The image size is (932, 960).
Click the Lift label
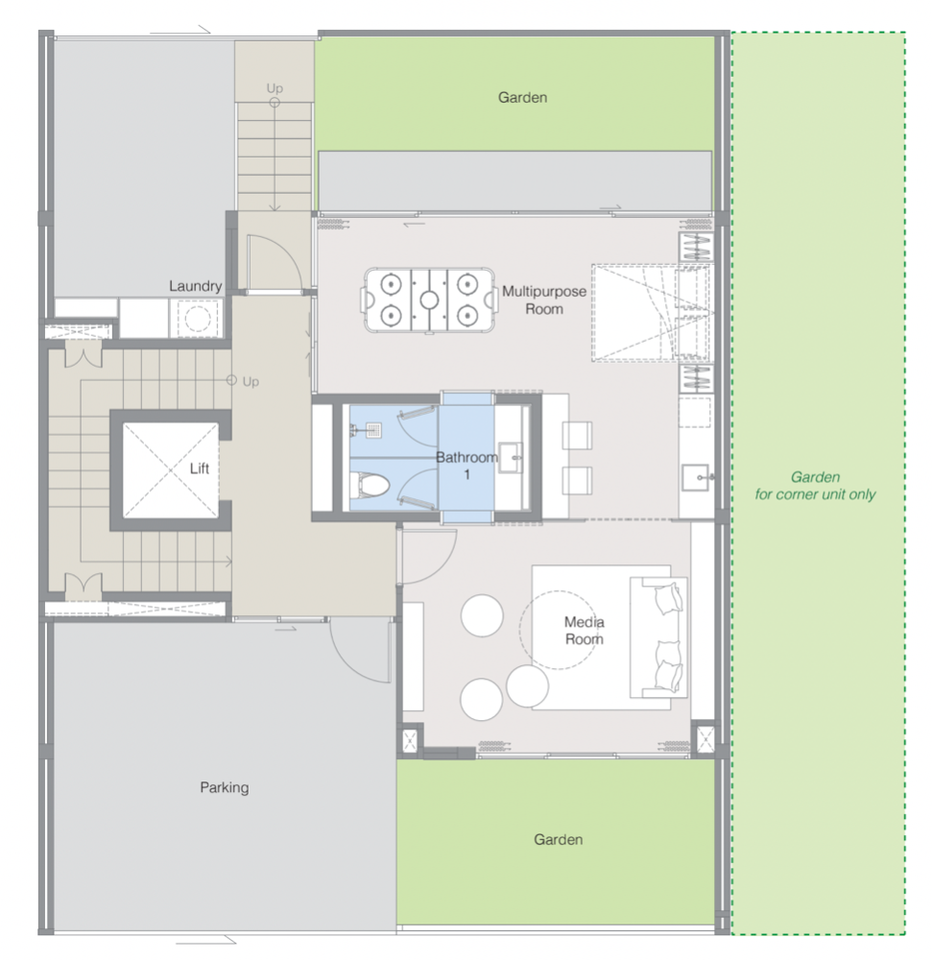click(199, 468)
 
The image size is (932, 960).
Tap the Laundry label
click(195, 286)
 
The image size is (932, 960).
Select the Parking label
click(224, 787)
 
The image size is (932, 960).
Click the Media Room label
click(584, 631)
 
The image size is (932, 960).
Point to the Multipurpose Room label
click(544, 300)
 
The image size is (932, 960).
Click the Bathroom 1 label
click(466, 466)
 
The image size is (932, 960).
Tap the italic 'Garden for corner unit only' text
click(815, 486)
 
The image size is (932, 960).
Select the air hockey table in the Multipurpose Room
click(430, 300)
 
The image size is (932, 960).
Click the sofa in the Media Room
click(658, 636)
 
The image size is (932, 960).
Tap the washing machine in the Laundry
click(197, 318)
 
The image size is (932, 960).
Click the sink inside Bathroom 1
click(511, 457)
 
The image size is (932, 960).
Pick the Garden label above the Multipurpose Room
click(522, 97)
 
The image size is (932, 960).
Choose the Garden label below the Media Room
click(558, 839)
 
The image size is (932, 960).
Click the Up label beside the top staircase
click(275, 88)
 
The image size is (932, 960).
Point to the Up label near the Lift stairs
click(251, 381)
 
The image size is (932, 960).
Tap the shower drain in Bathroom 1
click(374, 430)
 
